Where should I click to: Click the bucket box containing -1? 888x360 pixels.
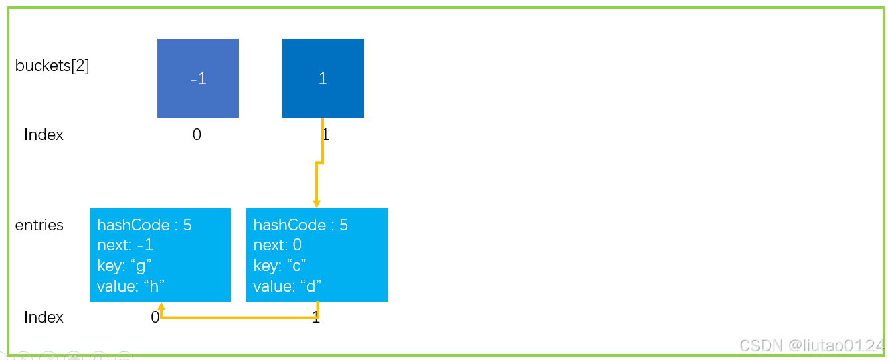[x=198, y=78]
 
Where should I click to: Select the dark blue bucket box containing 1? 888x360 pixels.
[x=323, y=78]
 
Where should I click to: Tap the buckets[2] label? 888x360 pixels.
[x=52, y=65]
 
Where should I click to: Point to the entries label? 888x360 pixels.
[x=39, y=225]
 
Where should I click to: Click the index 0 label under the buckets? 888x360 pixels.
[x=197, y=135]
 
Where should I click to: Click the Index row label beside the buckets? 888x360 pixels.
[x=44, y=135]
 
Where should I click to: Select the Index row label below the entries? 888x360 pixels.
[x=44, y=317]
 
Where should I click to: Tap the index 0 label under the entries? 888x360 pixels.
[x=155, y=317]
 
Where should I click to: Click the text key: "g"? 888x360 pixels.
[x=124, y=266]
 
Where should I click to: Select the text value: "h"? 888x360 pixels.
[x=131, y=286]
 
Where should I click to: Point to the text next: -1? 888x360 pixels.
[x=126, y=245]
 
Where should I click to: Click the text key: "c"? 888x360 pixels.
[x=280, y=266]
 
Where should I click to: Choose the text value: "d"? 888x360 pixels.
[x=288, y=286]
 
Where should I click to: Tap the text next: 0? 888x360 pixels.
[x=278, y=245]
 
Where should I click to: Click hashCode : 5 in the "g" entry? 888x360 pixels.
[x=144, y=225]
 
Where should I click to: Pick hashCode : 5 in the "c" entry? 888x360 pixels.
[x=300, y=225]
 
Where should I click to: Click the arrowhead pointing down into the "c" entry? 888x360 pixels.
[x=317, y=204]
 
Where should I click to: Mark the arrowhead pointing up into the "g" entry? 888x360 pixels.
[x=161, y=306]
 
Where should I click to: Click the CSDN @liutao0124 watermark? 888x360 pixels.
[x=812, y=346]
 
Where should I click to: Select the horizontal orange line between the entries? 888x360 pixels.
[x=240, y=317]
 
